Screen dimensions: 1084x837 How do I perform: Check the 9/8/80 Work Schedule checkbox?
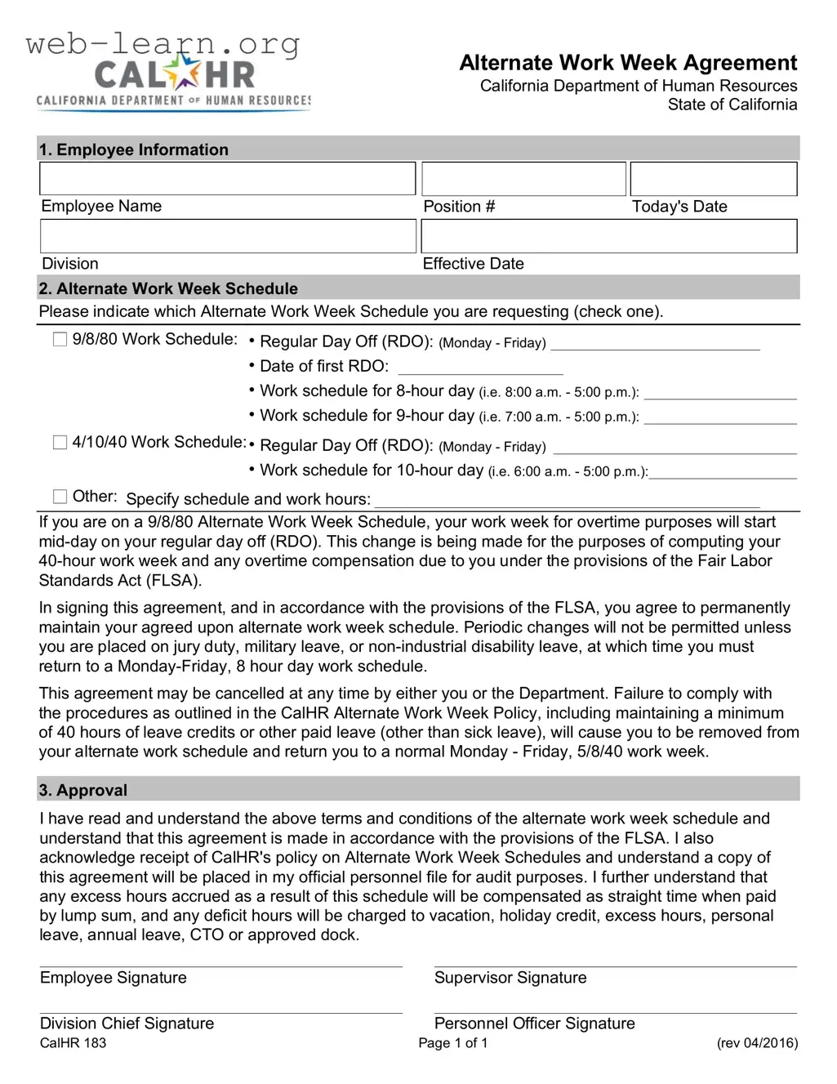pyautogui.click(x=60, y=339)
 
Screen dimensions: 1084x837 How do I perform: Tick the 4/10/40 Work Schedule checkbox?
pyautogui.click(x=60, y=442)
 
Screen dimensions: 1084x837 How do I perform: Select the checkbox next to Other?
pyautogui.click(x=60, y=496)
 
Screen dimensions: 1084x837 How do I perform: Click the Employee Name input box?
pyautogui.click(x=227, y=179)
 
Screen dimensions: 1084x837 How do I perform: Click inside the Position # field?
pyautogui.click(x=523, y=179)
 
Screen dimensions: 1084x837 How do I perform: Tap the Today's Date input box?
pyautogui.click(x=713, y=179)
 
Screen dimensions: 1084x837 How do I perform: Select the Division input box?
pyautogui.click(x=227, y=236)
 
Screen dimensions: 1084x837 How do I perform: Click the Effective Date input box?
pyautogui.click(x=608, y=236)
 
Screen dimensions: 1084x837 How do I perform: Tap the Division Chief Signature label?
pyautogui.click(x=127, y=1024)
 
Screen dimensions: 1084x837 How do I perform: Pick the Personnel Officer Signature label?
pyautogui.click(x=534, y=1024)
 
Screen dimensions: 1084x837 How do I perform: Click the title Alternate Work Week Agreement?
pyautogui.click(x=628, y=63)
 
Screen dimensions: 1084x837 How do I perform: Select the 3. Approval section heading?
pyautogui.click(x=83, y=790)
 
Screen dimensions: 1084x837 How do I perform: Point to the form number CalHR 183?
pyautogui.click(x=73, y=1043)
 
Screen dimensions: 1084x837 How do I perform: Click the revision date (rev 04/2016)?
pyautogui.click(x=757, y=1043)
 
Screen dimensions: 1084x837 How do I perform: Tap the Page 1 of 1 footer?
pyautogui.click(x=452, y=1043)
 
